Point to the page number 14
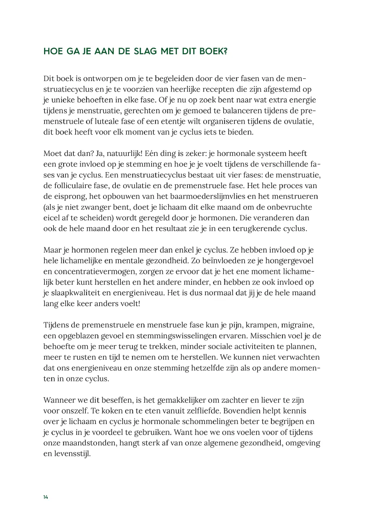pos(46,497)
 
